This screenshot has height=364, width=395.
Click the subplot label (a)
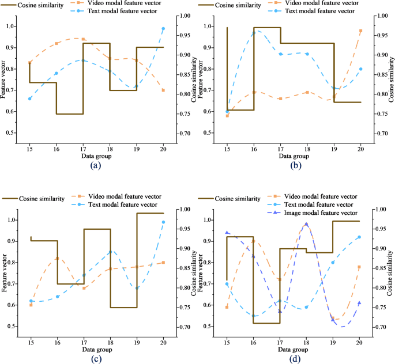click(x=96, y=165)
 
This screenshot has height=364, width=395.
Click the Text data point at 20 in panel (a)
click(x=163, y=29)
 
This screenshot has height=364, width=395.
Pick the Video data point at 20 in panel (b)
click(x=360, y=31)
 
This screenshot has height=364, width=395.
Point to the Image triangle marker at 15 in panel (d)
click(x=227, y=233)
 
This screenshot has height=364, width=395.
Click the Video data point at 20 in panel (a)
click(x=163, y=90)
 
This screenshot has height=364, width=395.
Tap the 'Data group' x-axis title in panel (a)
click(x=96, y=156)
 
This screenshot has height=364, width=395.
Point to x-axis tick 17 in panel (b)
click(x=280, y=148)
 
